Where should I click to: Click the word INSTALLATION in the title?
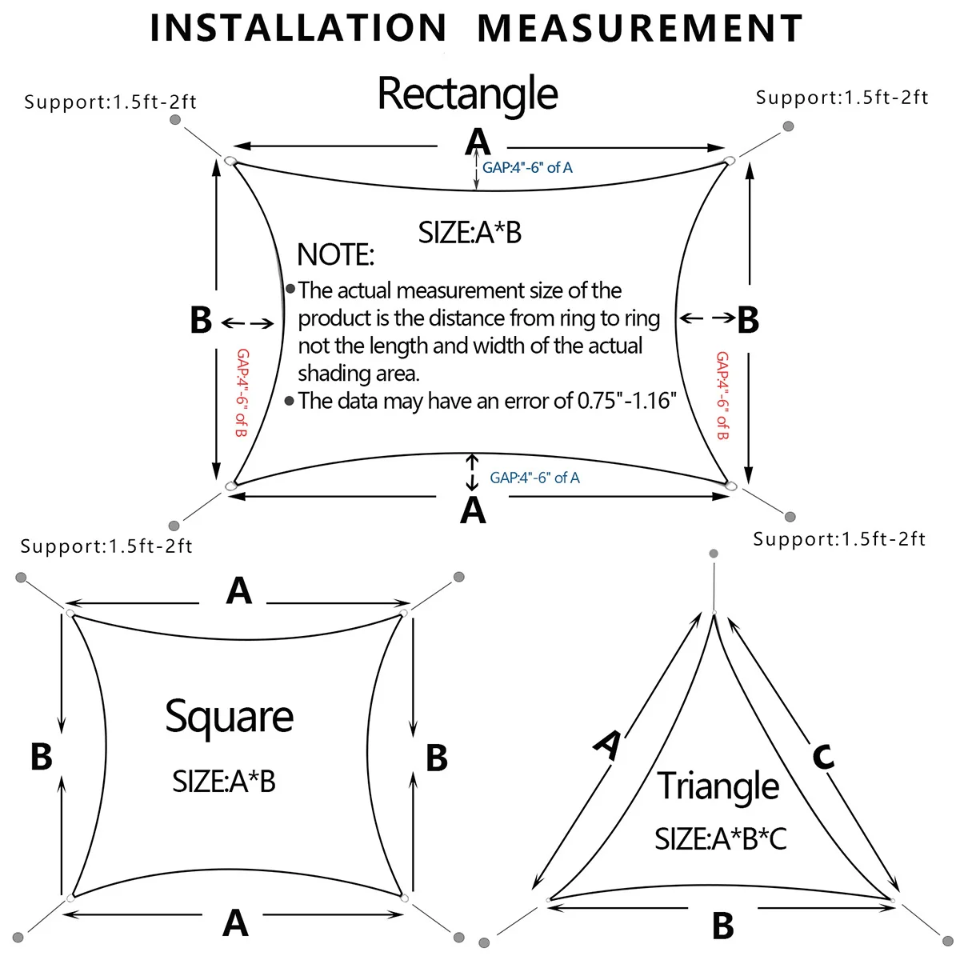point(298,29)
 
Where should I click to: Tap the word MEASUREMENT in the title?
point(640,29)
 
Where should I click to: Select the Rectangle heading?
point(467,94)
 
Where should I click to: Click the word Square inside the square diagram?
point(229,717)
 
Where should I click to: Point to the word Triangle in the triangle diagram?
point(718,786)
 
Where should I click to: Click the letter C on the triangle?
point(823,755)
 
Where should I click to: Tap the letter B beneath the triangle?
point(722,926)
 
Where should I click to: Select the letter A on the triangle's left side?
point(608,744)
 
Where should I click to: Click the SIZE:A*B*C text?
point(720,838)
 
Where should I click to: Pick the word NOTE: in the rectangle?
point(335,255)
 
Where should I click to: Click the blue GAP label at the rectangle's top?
point(527,168)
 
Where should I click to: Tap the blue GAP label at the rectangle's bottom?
point(534,478)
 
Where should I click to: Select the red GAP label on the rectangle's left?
point(242,392)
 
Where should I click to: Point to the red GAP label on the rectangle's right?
point(722,395)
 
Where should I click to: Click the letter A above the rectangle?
point(478,142)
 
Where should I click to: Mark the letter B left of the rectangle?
point(201,321)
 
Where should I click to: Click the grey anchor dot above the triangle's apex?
point(714,554)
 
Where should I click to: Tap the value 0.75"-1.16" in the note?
point(626,401)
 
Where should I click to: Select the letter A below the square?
point(235,923)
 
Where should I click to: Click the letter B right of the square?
point(436,758)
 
